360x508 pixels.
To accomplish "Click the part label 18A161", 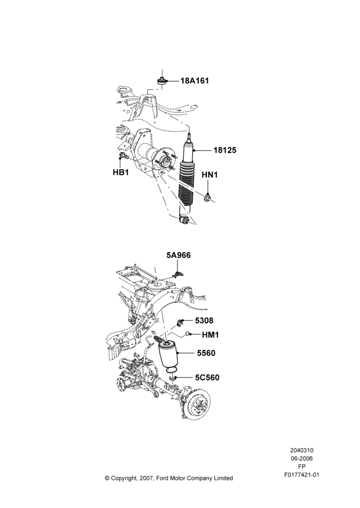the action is click(194, 81).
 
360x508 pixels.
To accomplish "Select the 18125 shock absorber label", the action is click(225, 150).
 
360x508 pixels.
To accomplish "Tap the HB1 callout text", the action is click(121, 172).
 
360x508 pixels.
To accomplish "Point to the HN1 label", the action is click(209, 175).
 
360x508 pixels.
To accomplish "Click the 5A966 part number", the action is click(178, 256).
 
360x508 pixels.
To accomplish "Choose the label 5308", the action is click(204, 321).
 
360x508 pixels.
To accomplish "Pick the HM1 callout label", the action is click(210, 335).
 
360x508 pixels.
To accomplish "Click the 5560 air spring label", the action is click(206, 353).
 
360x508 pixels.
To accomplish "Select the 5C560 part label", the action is click(207, 378).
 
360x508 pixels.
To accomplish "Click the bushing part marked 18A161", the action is click(162, 81).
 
